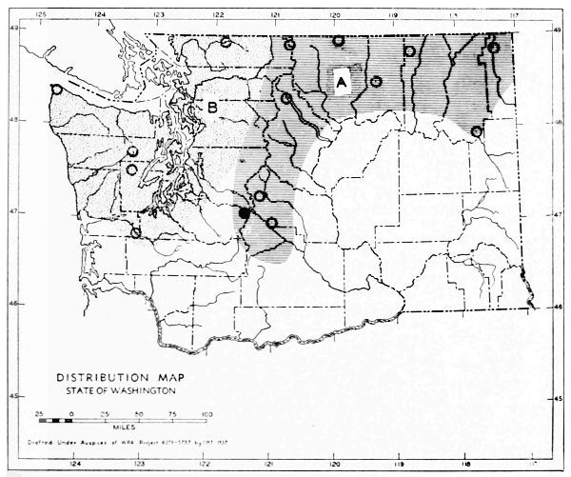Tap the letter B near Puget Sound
tap(213, 108)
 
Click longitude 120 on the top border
tap(335, 14)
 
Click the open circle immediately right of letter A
tap(377, 82)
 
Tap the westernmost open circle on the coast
tap(57, 89)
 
